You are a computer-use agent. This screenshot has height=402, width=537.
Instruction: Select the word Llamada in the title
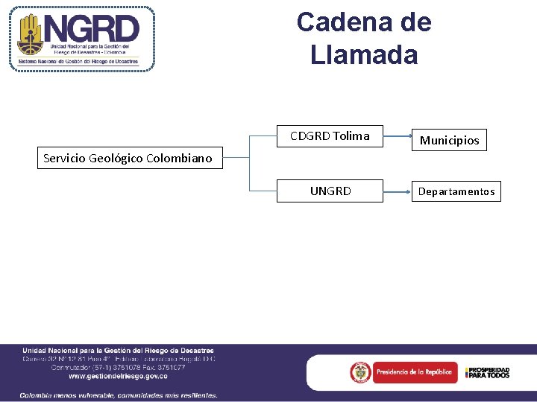click(x=364, y=54)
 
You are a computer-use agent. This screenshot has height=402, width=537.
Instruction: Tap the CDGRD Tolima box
click(x=330, y=136)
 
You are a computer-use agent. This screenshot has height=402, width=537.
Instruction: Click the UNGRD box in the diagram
click(x=330, y=191)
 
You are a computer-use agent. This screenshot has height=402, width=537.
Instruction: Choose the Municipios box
click(x=449, y=140)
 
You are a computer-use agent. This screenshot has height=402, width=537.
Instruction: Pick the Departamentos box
click(x=456, y=191)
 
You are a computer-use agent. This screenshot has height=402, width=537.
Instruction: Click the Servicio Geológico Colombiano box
click(x=128, y=158)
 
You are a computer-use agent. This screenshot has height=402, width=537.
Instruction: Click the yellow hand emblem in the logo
click(x=31, y=35)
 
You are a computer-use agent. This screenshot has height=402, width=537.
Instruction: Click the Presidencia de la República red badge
click(x=403, y=371)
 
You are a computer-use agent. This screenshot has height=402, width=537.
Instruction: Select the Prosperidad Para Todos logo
click(x=488, y=372)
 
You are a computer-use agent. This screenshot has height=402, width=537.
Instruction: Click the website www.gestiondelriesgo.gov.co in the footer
click(x=118, y=376)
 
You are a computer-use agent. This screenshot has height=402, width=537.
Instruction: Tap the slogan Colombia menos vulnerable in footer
click(x=119, y=395)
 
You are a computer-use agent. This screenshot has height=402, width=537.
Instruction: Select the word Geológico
click(x=116, y=158)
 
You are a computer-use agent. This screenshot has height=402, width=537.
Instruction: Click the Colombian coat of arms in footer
click(x=361, y=371)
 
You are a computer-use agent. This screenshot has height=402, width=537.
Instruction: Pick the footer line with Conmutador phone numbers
click(x=118, y=367)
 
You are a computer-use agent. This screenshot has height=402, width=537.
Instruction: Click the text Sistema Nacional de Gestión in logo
click(x=81, y=63)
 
